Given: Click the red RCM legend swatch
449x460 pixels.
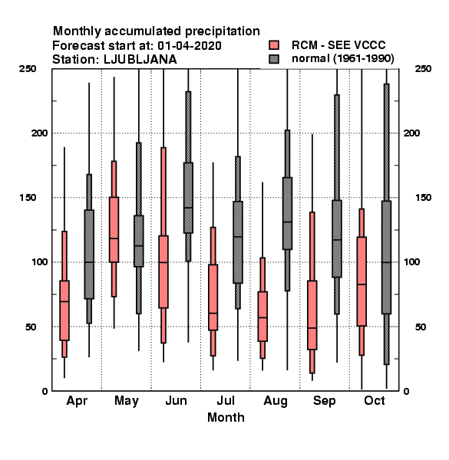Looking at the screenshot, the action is click(x=274, y=45).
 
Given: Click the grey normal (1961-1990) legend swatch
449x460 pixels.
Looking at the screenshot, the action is click(x=274, y=59).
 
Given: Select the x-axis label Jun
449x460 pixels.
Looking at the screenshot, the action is click(x=176, y=400).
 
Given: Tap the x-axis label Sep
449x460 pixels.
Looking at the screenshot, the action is click(x=324, y=401).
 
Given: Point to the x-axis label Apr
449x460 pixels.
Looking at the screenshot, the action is click(x=77, y=401).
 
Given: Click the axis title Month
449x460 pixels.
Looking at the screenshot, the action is click(x=226, y=417).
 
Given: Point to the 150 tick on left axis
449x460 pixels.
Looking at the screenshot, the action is click(x=28, y=198).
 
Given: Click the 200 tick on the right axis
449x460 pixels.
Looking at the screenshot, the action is click(x=411, y=133).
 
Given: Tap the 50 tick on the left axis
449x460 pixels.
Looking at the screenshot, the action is click(x=31, y=327).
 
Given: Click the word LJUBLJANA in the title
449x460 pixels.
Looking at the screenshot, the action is click(x=140, y=60).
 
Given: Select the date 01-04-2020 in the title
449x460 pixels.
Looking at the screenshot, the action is click(x=190, y=45).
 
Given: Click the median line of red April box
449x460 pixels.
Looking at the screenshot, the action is click(x=64, y=301).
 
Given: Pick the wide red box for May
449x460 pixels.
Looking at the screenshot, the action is click(x=114, y=229).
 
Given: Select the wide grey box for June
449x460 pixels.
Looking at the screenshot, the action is click(x=188, y=198).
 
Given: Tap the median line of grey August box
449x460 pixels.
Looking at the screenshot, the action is click(x=288, y=222).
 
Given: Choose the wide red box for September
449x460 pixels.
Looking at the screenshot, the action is click(x=312, y=315).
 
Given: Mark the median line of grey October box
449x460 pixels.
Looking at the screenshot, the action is click(x=387, y=262).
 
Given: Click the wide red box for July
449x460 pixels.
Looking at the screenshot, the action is click(x=213, y=297).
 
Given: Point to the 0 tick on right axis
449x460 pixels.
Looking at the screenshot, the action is click(x=407, y=391).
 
